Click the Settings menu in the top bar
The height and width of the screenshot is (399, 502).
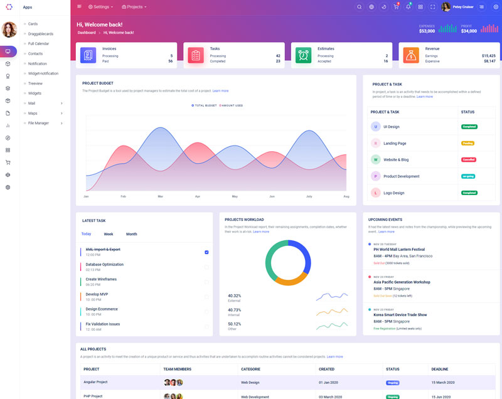point(100,7)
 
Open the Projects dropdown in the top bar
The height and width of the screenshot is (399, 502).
point(134,7)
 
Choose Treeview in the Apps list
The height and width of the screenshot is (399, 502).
point(35,83)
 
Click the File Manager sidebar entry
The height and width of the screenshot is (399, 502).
point(38,123)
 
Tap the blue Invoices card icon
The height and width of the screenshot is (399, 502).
point(88,55)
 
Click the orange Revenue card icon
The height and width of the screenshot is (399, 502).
point(411,55)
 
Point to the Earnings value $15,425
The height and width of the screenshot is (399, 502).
point(488,56)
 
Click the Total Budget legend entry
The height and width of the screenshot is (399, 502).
point(204,105)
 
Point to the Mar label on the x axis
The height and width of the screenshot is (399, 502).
point(161,196)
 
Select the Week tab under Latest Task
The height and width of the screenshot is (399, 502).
point(109,234)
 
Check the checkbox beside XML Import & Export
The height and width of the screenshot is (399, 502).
point(206,252)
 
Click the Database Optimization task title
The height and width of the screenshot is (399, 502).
point(105,265)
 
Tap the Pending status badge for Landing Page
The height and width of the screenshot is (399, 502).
point(467,143)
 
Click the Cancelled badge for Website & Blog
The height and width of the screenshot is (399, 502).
point(469,159)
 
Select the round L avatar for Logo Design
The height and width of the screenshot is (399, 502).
point(376,193)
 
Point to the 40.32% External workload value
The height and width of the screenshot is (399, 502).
point(234,295)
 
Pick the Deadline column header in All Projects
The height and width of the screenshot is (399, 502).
point(440,369)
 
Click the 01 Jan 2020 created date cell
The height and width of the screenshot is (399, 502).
point(328,382)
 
